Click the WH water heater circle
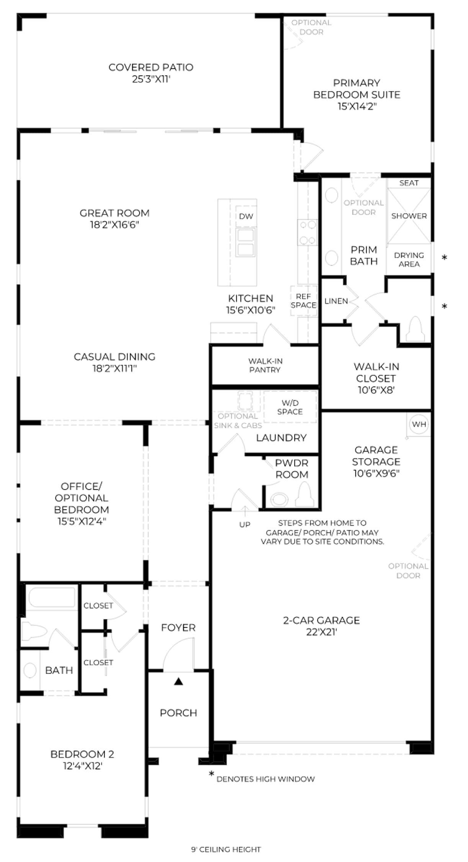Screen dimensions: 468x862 (419, 424)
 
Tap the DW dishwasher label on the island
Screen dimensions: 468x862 (246, 216)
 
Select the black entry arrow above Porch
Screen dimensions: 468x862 (178, 681)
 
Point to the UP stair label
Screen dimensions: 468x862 (245, 524)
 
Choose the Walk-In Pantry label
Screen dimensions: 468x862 (265, 365)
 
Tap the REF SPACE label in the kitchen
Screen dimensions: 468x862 (303, 301)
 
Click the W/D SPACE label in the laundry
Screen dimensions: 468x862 (290, 407)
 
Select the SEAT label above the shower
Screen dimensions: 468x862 (409, 183)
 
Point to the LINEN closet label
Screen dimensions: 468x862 (336, 301)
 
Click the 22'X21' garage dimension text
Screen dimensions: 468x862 (321, 632)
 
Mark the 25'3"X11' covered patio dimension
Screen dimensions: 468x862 (151, 79)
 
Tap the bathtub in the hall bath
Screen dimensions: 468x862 (52, 597)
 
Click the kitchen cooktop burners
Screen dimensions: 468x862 (308, 233)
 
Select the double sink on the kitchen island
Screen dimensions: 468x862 (245, 243)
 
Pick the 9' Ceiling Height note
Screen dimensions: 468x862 (226, 850)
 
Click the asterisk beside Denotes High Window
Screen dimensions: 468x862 (211, 774)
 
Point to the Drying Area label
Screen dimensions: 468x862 (409, 259)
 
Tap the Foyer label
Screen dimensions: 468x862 (178, 628)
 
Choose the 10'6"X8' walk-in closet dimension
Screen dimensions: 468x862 (376, 390)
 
